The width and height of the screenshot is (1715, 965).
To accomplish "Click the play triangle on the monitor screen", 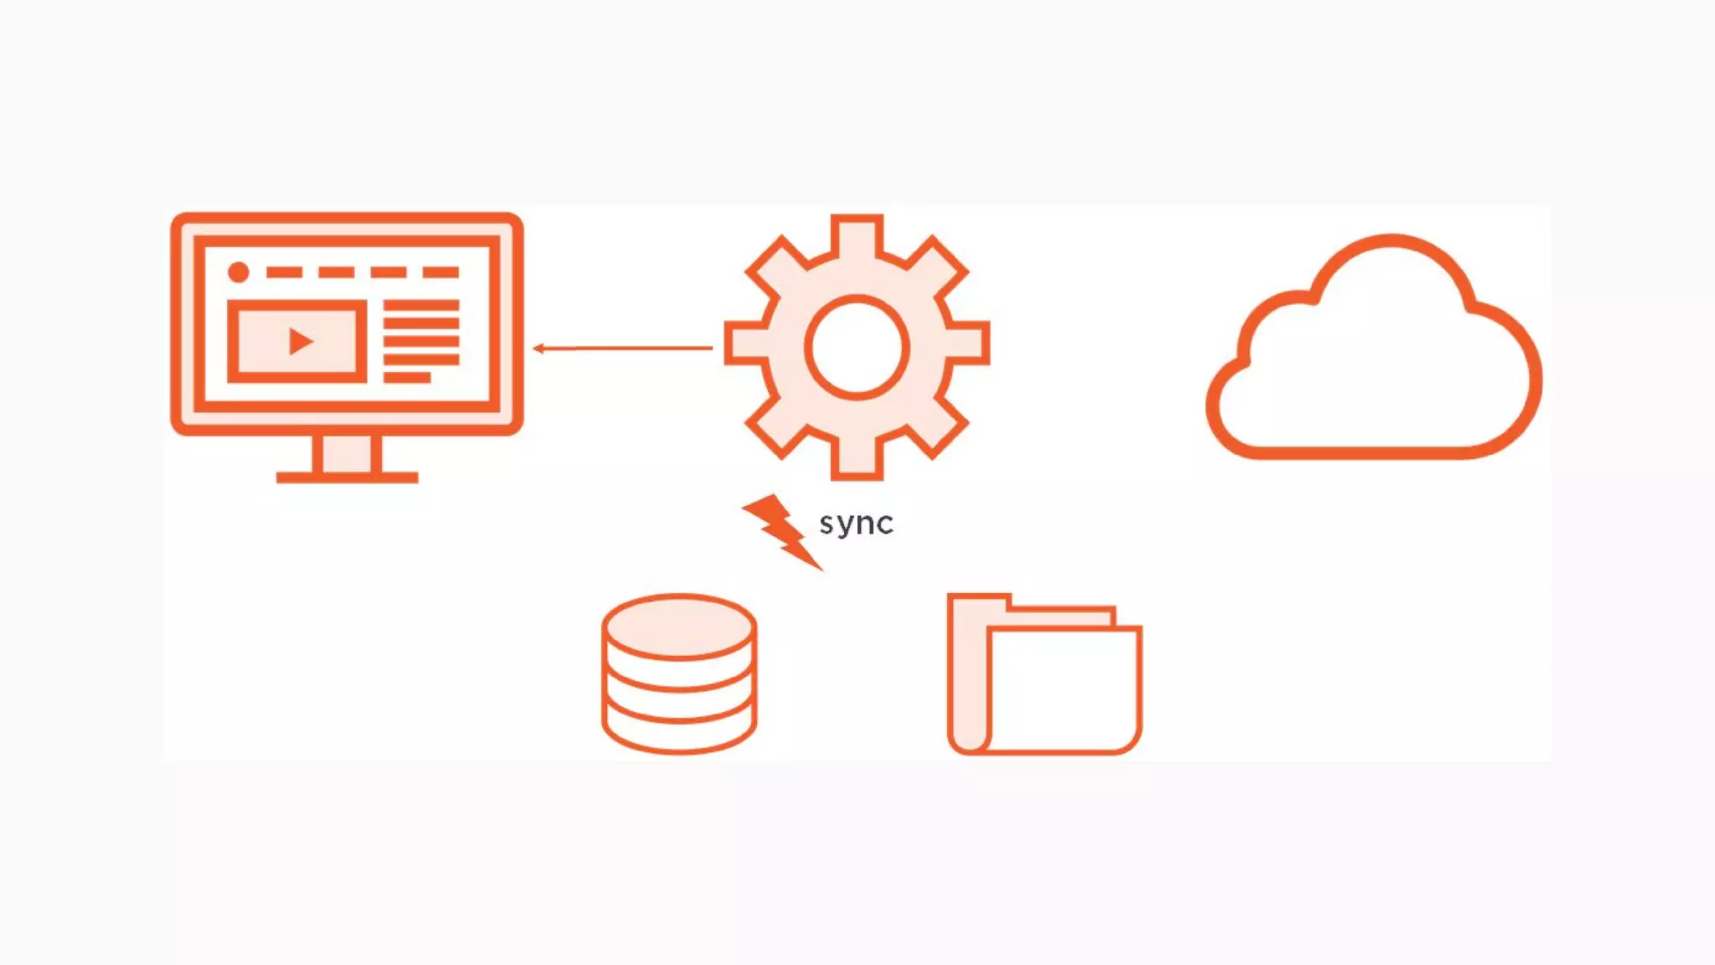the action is [300, 341].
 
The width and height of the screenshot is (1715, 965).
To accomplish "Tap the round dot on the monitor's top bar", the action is [239, 272].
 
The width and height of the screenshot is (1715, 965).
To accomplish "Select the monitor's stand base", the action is [347, 477].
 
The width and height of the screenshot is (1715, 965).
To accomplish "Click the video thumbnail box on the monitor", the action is [296, 341].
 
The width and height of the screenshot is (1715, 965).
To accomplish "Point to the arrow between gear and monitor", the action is [623, 348].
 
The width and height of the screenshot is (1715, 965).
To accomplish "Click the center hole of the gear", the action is [857, 347].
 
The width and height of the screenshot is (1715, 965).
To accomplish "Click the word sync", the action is [856, 524].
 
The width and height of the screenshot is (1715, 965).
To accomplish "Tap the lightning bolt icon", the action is [780, 530].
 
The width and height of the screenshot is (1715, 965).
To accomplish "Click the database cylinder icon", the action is [679, 674].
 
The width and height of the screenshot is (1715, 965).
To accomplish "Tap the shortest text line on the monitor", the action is [407, 378].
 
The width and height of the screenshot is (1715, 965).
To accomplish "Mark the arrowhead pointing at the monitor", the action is [538, 348].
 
